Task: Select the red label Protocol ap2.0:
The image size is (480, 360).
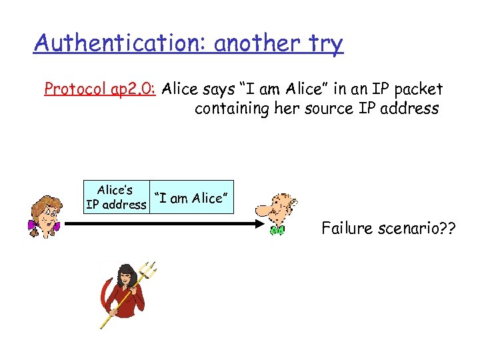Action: point(100,89)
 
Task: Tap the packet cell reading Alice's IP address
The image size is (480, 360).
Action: point(115,197)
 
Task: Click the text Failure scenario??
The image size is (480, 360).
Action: point(389,229)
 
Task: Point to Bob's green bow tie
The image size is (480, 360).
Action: point(277,231)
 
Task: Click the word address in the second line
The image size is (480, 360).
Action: point(412,108)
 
